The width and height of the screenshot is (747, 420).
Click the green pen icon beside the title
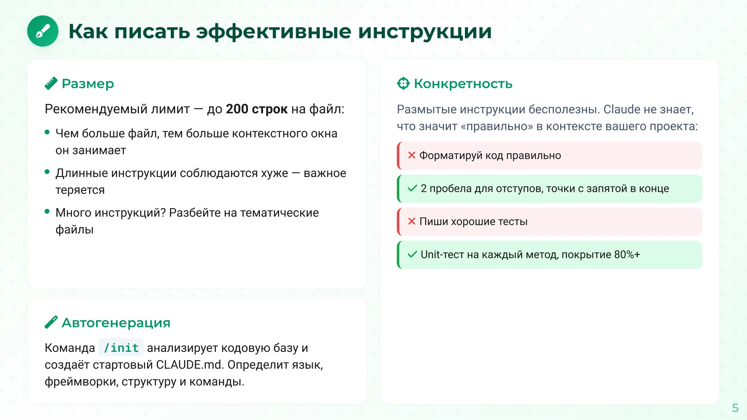(x=43, y=31)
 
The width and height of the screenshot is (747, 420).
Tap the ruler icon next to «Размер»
(x=51, y=83)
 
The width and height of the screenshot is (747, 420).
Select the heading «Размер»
(x=88, y=84)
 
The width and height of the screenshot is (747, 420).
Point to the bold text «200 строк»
(x=257, y=109)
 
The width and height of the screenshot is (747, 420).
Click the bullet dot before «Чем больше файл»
(x=47, y=132)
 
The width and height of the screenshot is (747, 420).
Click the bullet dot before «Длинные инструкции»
(x=47, y=172)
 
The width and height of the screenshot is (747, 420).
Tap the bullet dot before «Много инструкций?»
(x=47, y=212)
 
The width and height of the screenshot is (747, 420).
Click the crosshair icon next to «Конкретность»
(x=403, y=83)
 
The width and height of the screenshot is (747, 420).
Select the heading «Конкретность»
(x=463, y=84)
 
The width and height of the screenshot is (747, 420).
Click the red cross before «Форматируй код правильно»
(x=412, y=155)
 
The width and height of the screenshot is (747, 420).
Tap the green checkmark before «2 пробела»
(x=412, y=188)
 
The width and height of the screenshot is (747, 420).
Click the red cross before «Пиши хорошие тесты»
(x=412, y=221)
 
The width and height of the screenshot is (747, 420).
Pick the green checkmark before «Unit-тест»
(x=412, y=254)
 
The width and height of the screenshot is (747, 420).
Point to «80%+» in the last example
(x=627, y=255)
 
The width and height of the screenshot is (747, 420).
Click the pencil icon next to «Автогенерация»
(x=51, y=322)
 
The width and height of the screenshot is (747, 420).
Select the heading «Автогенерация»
(x=116, y=323)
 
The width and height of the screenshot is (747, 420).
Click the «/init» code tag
(x=121, y=348)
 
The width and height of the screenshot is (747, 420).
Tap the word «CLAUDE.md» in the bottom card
(x=189, y=365)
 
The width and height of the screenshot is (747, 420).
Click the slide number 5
(x=735, y=408)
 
